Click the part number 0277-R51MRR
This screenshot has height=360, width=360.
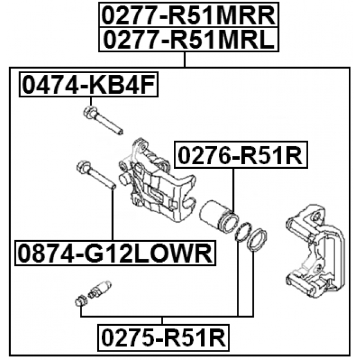pos(188,15)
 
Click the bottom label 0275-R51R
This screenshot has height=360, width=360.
pos(163,338)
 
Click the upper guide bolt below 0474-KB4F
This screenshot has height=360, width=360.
pos(104,120)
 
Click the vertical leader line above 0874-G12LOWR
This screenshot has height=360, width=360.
pos(112,214)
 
